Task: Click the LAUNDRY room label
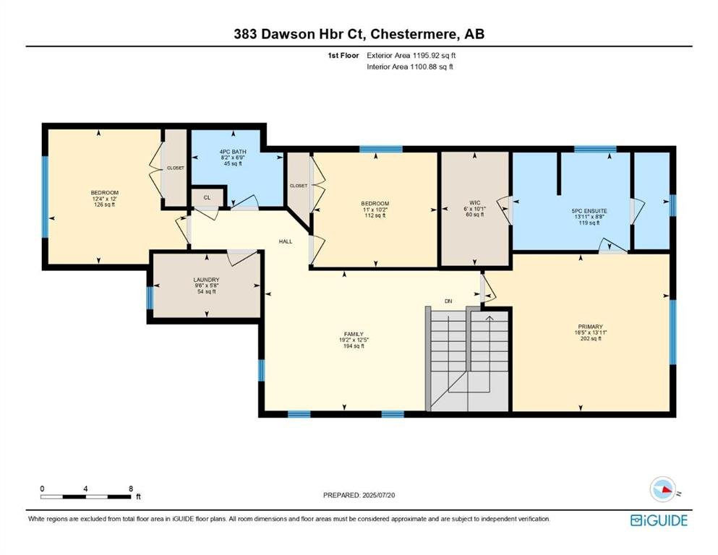tap(207, 280)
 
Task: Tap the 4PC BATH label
tap(233, 152)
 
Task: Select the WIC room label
tap(475, 202)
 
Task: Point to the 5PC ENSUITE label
tap(589, 211)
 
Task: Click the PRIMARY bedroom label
tap(590, 327)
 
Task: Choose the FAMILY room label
tap(354, 334)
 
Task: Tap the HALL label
tap(286, 241)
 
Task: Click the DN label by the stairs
tap(448, 301)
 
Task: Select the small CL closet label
tap(207, 198)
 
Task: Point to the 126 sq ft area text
tap(104, 205)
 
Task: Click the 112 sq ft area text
tap(375, 215)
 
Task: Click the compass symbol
tap(663, 489)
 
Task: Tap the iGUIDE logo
tap(659, 520)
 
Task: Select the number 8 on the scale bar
tap(131, 489)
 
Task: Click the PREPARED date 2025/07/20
tap(378, 495)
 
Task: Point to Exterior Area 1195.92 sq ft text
tap(411, 56)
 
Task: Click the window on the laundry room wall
tap(150, 298)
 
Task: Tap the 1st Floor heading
tap(343, 56)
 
